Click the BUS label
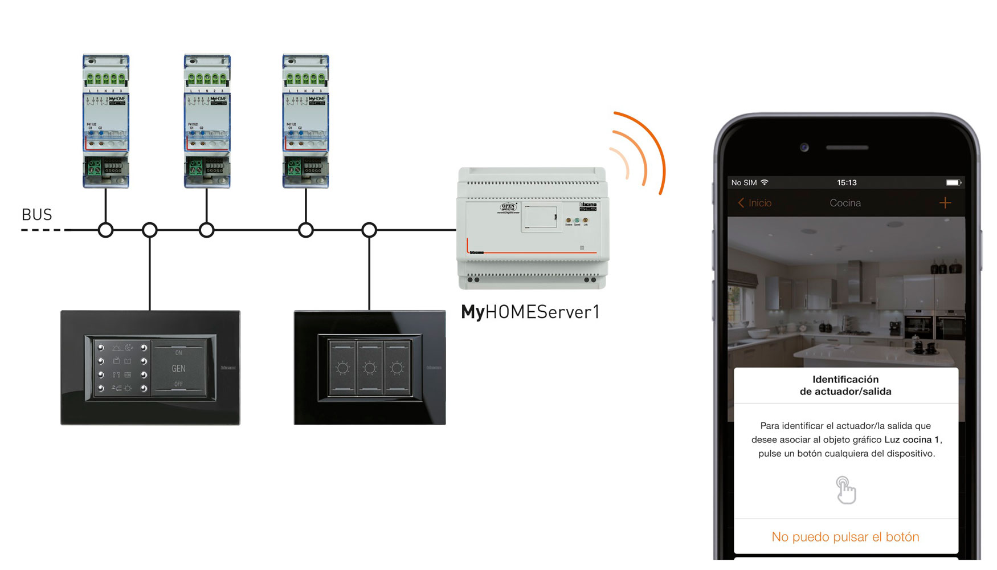pyautogui.click(x=36, y=215)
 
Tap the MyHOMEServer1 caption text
pyautogui.click(x=530, y=312)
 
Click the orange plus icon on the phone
pyautogui.click(x=945, y=203)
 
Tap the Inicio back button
pyautogui.click(x=755, y=203)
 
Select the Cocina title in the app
pyautogui.click(x=845, y=203)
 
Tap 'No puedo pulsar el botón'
pyautogui.click(x=845, y=537)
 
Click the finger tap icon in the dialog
pyautogui.click(x=845, y=490)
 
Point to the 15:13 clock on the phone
pyautogui.click(x=847, y=182)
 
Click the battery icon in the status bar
pyautogui.click(x=953, y=182)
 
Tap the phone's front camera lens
pyautogui.click(x=804, y=148)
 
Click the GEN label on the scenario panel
pyautogui.click(x=178, y=369)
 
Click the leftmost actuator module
pyautogui.click(x=106, y=121)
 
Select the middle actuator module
pyautogui.click(x=207, y=121)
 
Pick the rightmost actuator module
pyautogui.click(x=306, y=121)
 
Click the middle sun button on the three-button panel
pyautogui.click(x=370, y=368)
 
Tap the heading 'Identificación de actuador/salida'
pyautogui.click(x=845, y=385)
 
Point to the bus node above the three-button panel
pyautogui.click(x=369, y=230)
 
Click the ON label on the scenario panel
pyautogui.click(x=178, y=353)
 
